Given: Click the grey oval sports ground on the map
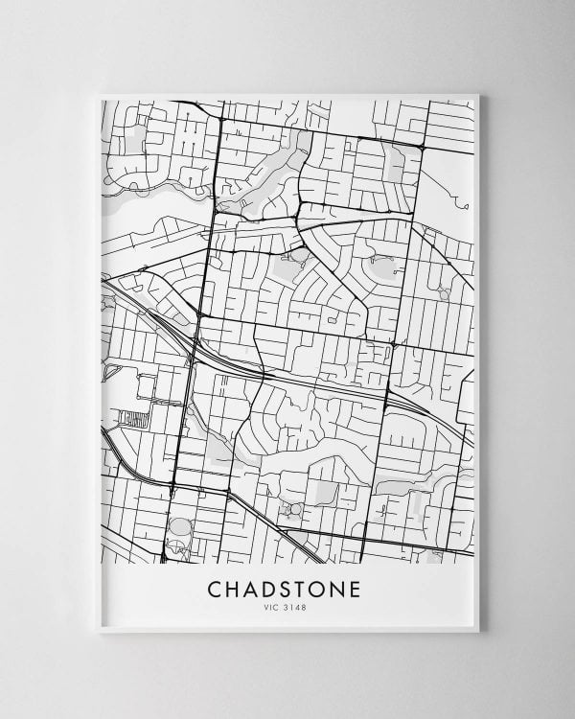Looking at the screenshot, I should (x=179, y=528).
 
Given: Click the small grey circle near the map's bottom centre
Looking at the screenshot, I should (x=296, y=509).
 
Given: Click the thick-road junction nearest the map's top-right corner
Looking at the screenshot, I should (x=422, y=145).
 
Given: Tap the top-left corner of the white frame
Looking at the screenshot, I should (x=99, y=94).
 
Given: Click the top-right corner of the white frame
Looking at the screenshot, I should (x=478, y=94).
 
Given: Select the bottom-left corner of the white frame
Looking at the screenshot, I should (x=99, y=632).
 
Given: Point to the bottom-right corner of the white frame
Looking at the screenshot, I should (x=478, y=632).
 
